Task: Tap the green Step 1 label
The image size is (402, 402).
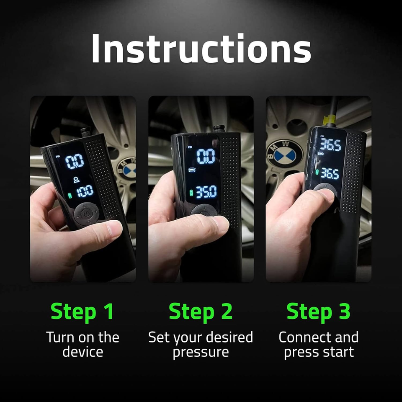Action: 82,312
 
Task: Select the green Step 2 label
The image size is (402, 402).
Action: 201,312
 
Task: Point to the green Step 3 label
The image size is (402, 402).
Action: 318,312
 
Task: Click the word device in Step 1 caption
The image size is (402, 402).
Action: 82,352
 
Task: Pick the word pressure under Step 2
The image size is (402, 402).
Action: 201,352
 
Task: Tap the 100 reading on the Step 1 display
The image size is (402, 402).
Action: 85,191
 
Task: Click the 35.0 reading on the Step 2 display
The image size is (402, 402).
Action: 206,192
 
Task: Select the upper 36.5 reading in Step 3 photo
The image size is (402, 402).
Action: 330,145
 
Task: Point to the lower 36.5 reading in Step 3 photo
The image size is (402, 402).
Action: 330,173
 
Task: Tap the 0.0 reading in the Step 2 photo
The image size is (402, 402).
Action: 206,156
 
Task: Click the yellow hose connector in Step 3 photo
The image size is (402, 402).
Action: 330,120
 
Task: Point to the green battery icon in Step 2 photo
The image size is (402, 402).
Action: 192,193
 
